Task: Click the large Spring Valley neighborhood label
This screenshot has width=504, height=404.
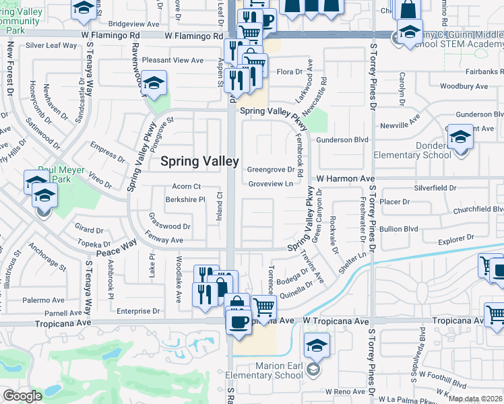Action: pos(199,162)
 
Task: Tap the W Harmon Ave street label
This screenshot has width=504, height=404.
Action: pos(346,178)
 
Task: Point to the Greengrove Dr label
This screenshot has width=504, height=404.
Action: pos(271,170)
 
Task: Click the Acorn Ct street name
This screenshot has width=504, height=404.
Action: pos(187,187)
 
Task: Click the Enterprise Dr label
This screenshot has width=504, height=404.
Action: pos(137,311)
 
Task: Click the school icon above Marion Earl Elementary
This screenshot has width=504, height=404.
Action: pos(317,345)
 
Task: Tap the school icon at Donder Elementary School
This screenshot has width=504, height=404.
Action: pos(460,137)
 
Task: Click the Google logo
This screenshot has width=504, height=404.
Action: pos(22,396)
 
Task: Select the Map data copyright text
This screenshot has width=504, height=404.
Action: pos(475,399)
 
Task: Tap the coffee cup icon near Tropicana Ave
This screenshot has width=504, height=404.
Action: pos(239,321)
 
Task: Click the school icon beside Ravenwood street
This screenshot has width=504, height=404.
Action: pos(154,83)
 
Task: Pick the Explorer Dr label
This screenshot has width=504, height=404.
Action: pos(455,239)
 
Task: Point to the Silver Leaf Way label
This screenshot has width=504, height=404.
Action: pos(51,46)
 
